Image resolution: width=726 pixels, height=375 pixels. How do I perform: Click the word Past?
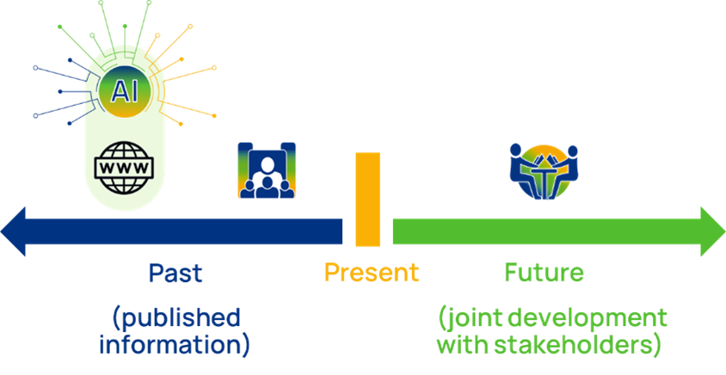click(175, 274)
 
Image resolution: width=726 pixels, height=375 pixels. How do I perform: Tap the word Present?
click(372, 274)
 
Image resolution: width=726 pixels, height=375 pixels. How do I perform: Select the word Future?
click(544, 274)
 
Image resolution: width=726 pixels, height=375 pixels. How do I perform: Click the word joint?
click(475, 318)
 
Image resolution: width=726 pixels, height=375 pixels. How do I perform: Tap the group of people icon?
click(266, 171)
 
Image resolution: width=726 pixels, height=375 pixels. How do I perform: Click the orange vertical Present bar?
click(367, 200)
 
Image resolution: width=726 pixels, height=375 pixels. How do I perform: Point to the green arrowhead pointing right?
click(711, 231)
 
